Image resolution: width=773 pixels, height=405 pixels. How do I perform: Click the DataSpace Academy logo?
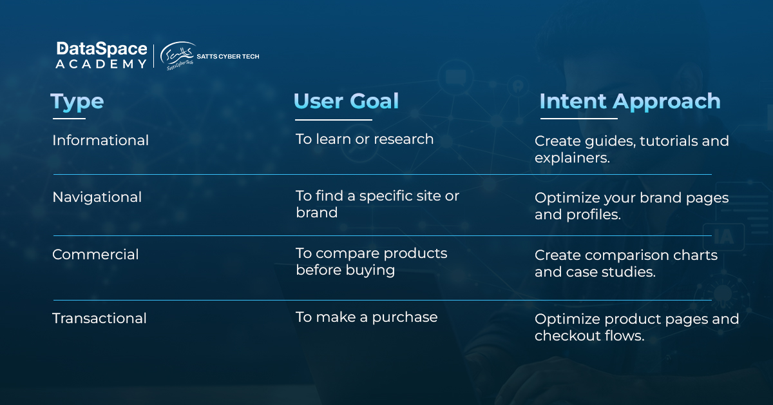(102, 55)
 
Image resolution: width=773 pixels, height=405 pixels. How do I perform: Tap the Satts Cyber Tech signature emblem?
(177, 56)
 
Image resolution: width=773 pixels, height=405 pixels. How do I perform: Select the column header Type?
(77, 103)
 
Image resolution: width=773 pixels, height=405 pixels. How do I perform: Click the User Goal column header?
(346, 101)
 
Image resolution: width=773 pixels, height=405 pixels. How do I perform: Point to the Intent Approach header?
(630, 102)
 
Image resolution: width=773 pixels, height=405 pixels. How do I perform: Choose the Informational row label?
(100, 141)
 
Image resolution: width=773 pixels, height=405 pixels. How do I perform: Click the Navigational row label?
(97, 197)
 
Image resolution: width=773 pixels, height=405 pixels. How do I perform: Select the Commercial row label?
(95, 255)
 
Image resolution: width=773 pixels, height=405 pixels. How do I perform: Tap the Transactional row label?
(99, 319)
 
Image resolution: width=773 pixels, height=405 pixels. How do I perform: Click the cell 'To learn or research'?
(365, 139)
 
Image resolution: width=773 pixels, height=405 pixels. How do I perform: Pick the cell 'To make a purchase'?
(367, 317)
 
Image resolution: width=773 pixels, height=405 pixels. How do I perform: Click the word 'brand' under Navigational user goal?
(316, 213)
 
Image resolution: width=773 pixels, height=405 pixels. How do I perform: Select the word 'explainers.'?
(573, 158)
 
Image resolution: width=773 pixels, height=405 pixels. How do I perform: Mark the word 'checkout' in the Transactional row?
(566, 336)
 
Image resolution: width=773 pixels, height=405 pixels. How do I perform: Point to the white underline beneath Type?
(69, 119)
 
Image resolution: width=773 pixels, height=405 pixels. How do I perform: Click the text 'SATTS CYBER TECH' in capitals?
(228, 56)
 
